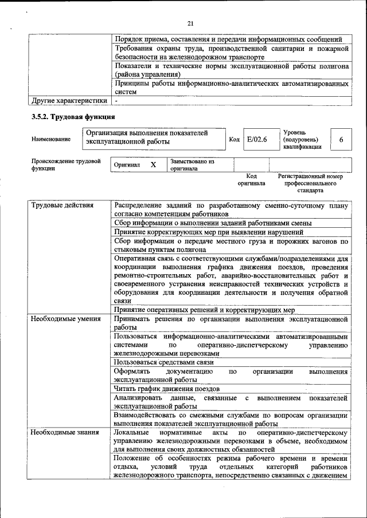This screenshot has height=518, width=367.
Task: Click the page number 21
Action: [191, 23]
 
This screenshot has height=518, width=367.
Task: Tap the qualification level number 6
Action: [341, 139]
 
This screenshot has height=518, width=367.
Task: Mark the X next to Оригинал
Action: [153, 165]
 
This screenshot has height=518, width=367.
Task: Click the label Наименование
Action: [51, 139]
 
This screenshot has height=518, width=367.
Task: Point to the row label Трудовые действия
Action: [63, 205]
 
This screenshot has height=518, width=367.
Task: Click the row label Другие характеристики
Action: [69, 101]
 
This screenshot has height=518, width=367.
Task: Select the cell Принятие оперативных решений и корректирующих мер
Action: [204, 310]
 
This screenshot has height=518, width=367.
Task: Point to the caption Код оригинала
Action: [251, 180]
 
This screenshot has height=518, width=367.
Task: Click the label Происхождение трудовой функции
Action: [67, 165]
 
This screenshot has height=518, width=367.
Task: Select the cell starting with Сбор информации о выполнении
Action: [213, 223]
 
